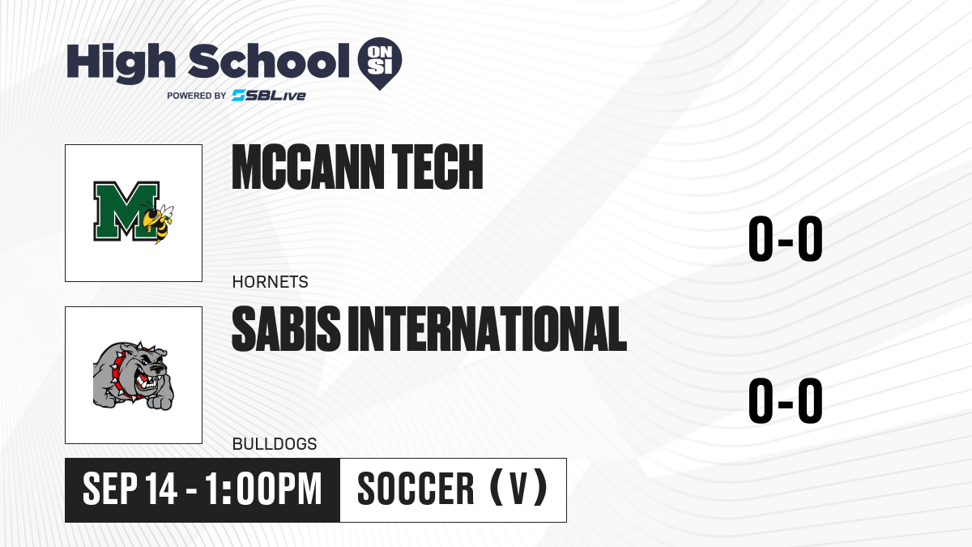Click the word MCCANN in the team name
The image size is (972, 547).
308,167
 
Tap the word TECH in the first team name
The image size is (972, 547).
437,167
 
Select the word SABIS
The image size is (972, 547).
286,329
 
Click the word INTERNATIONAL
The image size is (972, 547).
488,329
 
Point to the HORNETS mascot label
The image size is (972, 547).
270,282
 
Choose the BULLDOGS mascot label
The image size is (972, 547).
275,444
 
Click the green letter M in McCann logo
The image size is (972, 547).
126,211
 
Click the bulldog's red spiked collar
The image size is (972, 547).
121,374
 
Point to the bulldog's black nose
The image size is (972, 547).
157,369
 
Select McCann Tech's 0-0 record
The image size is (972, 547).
786,239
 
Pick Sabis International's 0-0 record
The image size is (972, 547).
786,400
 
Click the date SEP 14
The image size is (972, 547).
130,489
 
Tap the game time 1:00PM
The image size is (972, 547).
263,489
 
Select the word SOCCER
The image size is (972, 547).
416,489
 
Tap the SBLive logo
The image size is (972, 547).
269,95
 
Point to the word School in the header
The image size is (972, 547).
269,62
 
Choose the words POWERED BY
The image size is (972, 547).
197,96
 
